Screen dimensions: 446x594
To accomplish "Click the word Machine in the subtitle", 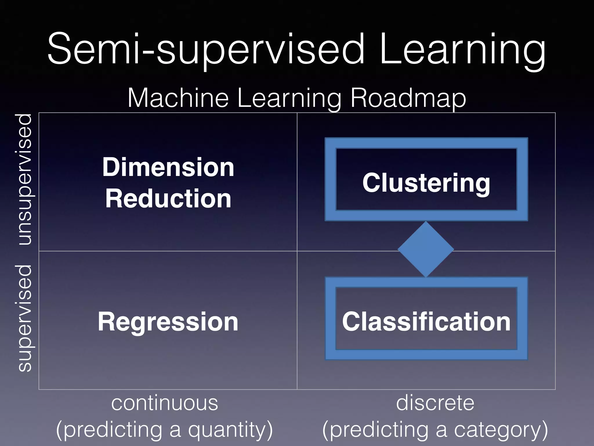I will coord(178,98).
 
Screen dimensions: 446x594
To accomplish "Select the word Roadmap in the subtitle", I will coord(408,98).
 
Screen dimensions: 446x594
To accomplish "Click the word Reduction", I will coord(168,199).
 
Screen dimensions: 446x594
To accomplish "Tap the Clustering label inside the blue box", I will coord(426,183).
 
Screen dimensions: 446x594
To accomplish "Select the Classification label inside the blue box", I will coord(426,321).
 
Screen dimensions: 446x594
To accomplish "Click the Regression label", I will coord(168,322).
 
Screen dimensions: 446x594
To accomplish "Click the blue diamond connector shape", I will coord(426,249).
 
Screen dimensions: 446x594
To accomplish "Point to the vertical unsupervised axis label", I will coord(25,179).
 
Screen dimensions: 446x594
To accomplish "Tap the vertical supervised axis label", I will coord(25,318).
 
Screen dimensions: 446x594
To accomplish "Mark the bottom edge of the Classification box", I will coord(426,355).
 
